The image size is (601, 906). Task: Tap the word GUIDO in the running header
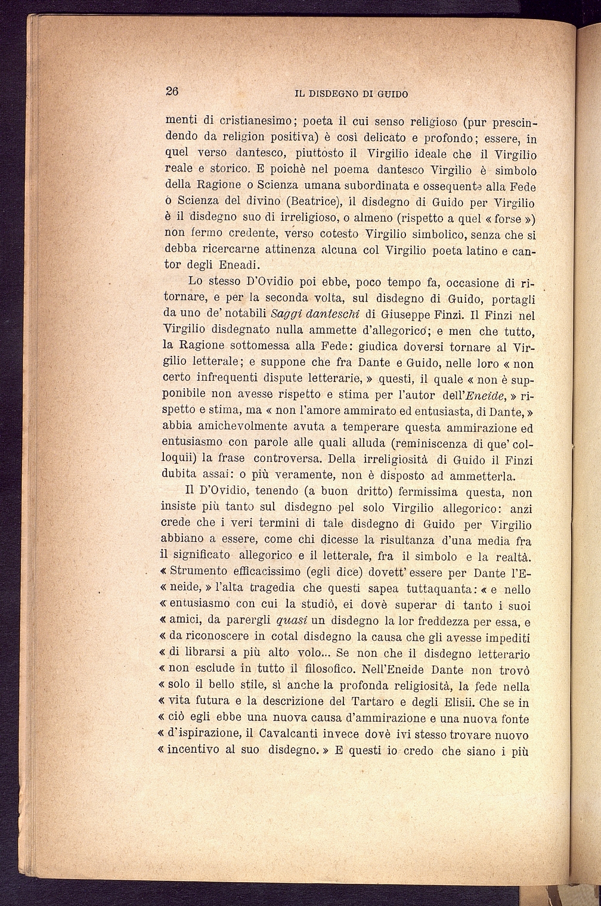393,94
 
